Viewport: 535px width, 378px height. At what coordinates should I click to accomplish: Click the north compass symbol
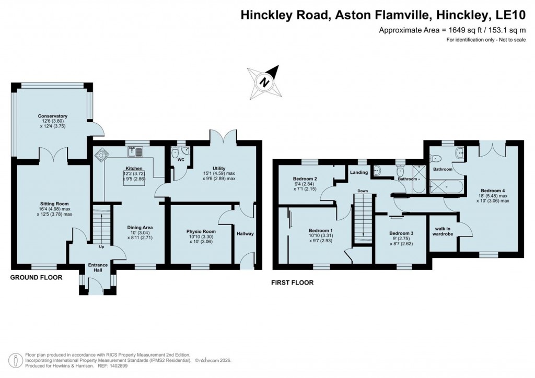click(x=265, y=81)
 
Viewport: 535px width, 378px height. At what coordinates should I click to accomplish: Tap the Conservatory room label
click(x=52, y=116)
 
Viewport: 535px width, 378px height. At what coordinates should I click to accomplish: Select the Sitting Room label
click(x=54, y=204)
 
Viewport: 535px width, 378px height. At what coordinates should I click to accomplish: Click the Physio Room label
click(x=201, y=231)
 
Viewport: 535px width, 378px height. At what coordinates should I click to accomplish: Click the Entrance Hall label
click(x=98, y=268)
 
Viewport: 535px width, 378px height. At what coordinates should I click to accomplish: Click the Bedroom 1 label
click(x=320, y=230)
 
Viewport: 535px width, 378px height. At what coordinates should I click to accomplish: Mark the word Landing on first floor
click(x=359, y=172)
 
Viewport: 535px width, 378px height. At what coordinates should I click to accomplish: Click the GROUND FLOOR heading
click(x=36, y=278)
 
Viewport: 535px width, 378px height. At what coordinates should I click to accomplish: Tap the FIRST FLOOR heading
click(x=292, y=283)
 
